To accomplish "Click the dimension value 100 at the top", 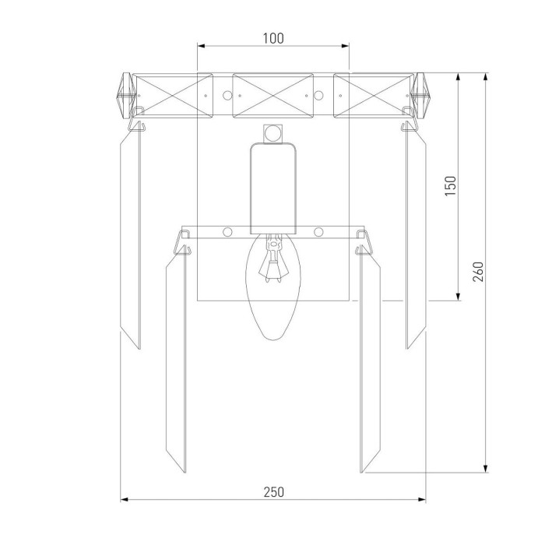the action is [x=273, y=38].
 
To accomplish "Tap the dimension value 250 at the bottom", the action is [x=273, y=492].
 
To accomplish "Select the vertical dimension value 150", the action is [x=451, y=186].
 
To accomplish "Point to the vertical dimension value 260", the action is [x=479, y=272].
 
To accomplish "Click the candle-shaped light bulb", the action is [x=273, y=286].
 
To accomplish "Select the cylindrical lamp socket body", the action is [x=273, y=188].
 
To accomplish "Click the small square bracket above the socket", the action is [x=272, y=134].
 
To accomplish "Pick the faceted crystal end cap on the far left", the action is [x=126, y=96].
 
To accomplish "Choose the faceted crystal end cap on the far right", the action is [x=420, y=96].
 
